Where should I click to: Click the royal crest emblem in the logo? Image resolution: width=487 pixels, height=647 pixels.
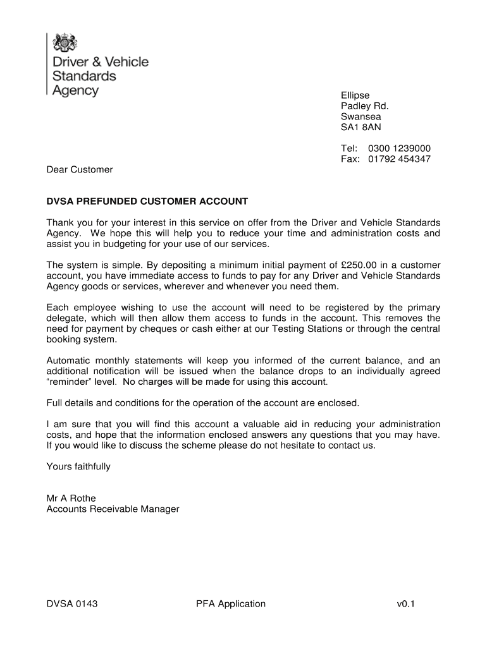[64, 42]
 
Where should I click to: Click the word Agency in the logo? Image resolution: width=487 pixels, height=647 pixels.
[75, 90]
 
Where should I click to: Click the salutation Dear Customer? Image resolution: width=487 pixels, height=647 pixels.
[80, 169]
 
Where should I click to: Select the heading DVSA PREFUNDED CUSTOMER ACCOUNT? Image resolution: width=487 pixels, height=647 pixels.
[147, 202]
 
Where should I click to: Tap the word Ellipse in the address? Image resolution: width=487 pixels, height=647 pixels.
[355, 95]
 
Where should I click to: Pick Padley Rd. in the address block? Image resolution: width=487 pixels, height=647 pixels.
[364, 106]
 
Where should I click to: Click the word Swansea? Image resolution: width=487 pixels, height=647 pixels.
[361, 117]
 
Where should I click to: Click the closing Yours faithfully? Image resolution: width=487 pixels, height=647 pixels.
[78, 466]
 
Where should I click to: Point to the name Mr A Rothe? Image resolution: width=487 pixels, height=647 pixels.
[71, 499]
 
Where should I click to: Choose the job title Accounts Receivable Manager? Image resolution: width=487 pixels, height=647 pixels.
[113, 509]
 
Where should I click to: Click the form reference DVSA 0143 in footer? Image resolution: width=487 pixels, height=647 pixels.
[72, 604]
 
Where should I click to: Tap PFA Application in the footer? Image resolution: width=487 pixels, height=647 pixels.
[231, 604]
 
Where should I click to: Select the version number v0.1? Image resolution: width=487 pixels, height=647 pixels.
[405, 604]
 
